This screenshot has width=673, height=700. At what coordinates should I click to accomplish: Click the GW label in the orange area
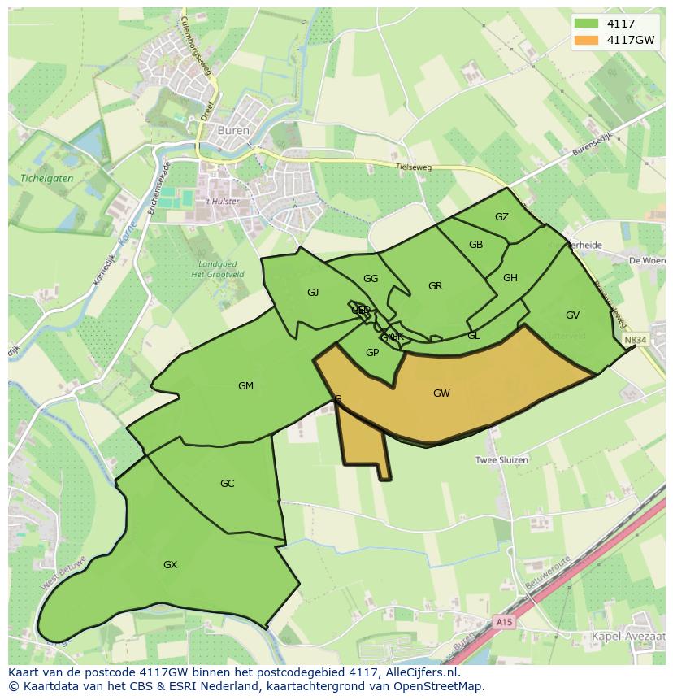click(x=441, y=393)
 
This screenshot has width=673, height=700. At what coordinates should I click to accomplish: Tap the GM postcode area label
click(x=245, y=386)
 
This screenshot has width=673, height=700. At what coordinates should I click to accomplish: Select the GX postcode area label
click(x=170, y=565)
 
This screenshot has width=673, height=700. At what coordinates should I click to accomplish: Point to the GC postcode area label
click(x=227, y=484)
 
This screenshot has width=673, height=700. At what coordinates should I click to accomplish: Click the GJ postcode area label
click(x=313, y=293)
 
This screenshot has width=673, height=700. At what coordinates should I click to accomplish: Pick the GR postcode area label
click(x=435, y=286)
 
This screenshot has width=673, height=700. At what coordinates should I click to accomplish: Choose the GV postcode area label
click(x=572, y=315)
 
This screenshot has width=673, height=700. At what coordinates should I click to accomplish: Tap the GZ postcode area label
click(x=501, y=217)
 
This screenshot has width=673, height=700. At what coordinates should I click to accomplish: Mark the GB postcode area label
click(x=475, y=246)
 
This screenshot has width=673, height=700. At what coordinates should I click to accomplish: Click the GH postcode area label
click(x=510, y=278)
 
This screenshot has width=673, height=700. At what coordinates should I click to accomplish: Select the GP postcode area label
click(x=372, y=353)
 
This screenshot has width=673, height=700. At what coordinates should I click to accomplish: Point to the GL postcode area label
click(x=473, y=336)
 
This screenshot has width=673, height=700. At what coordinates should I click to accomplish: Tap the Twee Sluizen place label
click(x=501, y=460)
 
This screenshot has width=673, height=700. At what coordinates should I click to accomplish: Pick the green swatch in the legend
click(x=585, y=24)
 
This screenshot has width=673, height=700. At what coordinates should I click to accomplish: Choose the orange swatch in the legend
click(x=585, y=39)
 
